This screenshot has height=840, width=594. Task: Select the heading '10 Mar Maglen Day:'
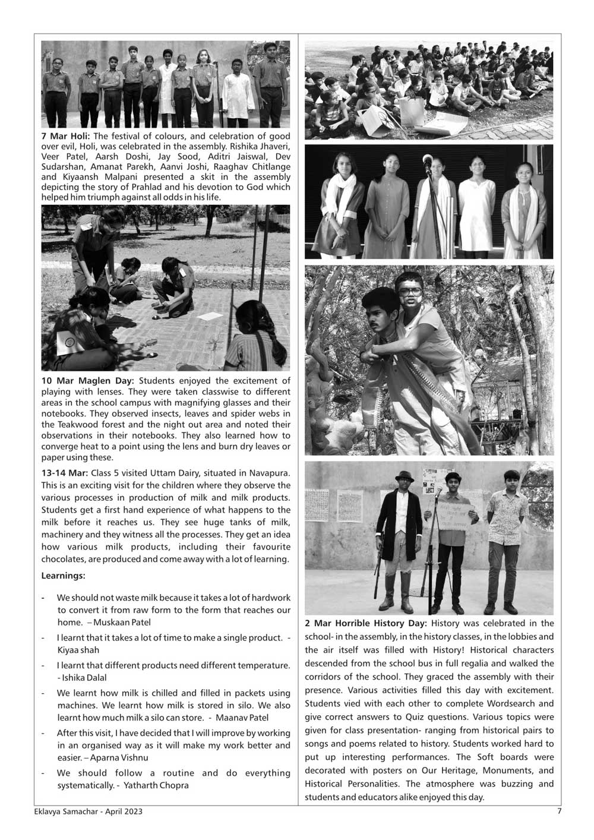88,381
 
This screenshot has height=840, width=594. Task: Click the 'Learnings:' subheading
63,576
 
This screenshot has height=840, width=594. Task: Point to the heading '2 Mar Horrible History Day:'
366,623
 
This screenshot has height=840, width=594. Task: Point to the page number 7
558,811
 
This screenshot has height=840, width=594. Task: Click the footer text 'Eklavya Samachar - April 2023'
89,811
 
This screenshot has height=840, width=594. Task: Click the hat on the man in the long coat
406,476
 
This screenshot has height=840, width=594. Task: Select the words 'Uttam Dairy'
181,473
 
